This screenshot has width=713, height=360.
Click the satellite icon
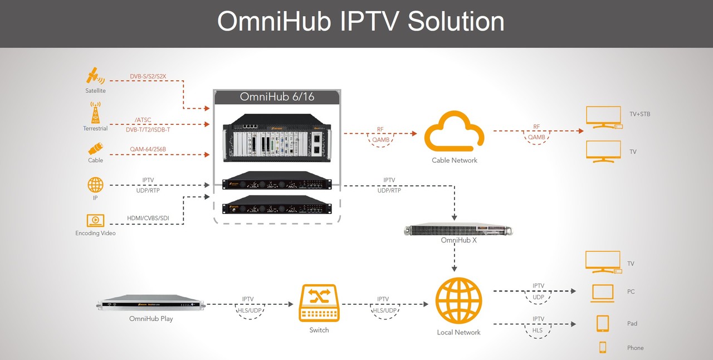[95, 76]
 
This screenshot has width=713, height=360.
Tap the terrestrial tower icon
[95, 113]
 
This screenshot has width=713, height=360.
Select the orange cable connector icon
[95, 149]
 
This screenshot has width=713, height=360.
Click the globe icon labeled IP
[95, 185]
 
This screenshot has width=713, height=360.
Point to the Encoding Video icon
[95, 221]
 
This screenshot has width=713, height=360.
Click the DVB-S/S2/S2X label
[148, 76]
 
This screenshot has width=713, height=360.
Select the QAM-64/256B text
[148, 149]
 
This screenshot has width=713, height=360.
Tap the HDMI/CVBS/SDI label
[148, 218]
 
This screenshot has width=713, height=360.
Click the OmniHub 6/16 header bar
[277, 97]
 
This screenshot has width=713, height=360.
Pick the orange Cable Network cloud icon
[454, 131]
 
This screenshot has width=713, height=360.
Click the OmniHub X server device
[458, 230]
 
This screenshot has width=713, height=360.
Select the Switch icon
[319, 303]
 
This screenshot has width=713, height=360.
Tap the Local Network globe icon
[458, 301]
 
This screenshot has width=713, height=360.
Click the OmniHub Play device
[150, 303]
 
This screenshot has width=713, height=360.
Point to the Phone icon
[603, 347]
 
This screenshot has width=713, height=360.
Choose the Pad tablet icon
[603, 323]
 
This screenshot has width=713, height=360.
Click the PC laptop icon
[602, 293]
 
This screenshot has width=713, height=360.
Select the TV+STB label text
[640, 114]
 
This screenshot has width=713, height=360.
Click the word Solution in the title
[456, 22]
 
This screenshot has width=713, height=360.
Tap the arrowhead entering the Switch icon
[291, 304]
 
